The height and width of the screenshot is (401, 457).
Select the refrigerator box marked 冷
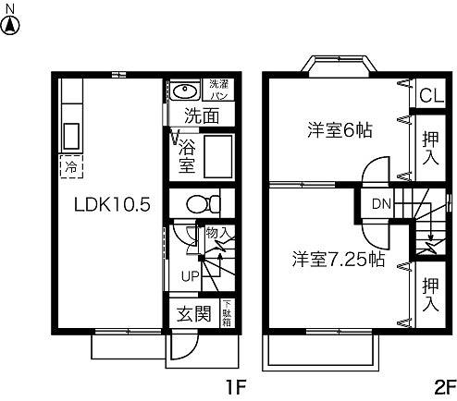[x=70, y=168]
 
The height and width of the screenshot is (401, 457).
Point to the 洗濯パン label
[x=217, y=90]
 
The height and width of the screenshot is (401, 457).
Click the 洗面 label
[x=201, y=116]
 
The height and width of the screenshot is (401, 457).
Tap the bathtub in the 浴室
[x=218, y=157]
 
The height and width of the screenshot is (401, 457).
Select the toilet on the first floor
[x=201, y=202]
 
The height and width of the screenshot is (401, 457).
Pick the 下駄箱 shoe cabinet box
[x=227, y=313]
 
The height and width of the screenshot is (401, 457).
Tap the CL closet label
[x=429, y=95]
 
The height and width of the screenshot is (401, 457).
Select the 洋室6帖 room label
[x=340, y=130]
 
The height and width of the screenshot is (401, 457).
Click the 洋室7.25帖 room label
[x=340, y=259]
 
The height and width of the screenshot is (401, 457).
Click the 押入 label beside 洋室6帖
[x=429, y=146]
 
